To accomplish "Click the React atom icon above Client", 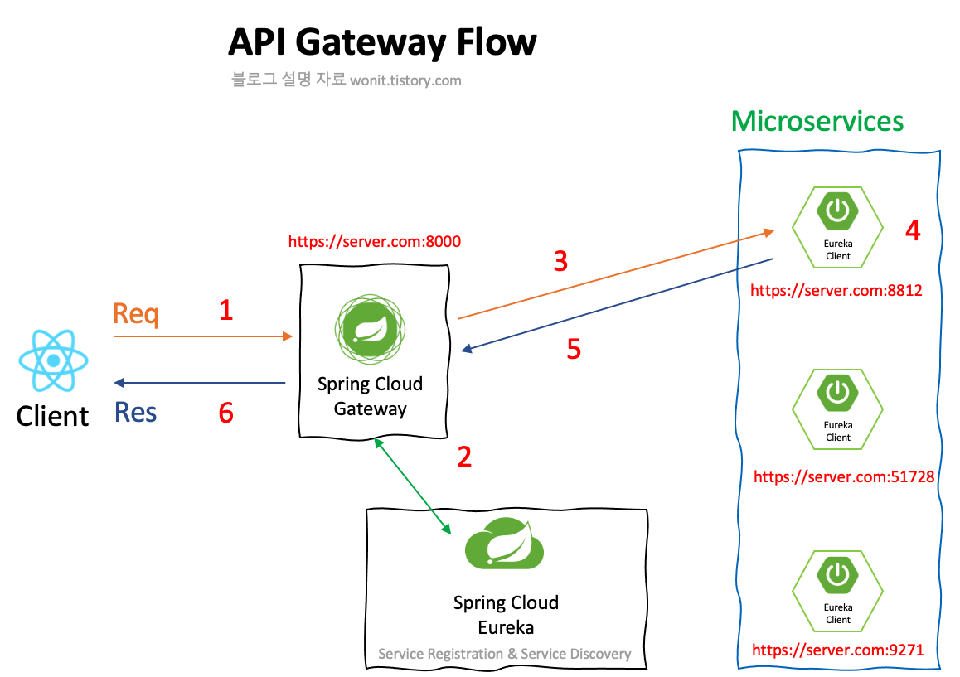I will [x=53, y=360].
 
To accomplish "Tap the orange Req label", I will [x=135, y=315].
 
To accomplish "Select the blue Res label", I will [x=135, y=412].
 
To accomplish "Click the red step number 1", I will [x=225, y=310].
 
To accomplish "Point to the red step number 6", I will [x=225, y=412].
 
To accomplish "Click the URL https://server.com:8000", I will [x=374, y=242].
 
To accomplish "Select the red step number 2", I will [x=464, y=456].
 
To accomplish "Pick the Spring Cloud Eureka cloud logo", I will [x=504, y=544].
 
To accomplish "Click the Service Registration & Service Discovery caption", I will [x=504, y=654].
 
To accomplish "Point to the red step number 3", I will [x=560, y=261].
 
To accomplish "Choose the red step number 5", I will [x=574, y=349].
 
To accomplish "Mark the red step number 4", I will [x=912, y=230].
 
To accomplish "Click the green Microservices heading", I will [x=817, y=121].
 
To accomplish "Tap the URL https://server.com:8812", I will [x=836, y=291].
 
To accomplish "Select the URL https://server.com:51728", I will [x=844, y=476].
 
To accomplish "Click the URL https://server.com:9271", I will [x=837, y=650].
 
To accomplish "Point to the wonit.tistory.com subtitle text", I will [x=405, y=80].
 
